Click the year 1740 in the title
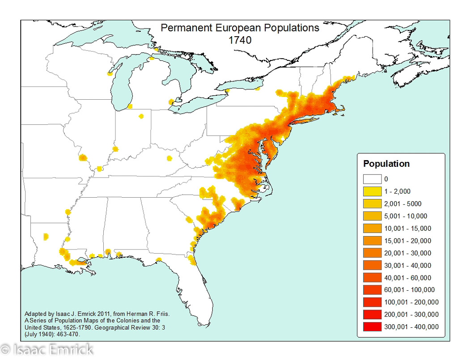pyautogui.click(x=240, y=39)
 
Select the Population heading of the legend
pyautogui.click(x=386, y=164)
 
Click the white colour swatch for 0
pyautogui.click(x=372, y=179)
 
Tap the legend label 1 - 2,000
pyautogui.click(x=397, y=191)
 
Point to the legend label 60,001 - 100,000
pyautogui.click(x=405, y=290)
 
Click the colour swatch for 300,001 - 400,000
pyautogui.click(x=372, y=326)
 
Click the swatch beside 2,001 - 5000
pyautogui.click(x=372, y=204)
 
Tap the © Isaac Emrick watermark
pyautogui.click(x=47, y=349)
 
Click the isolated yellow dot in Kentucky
pyautogui.click(x=169, y=158)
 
